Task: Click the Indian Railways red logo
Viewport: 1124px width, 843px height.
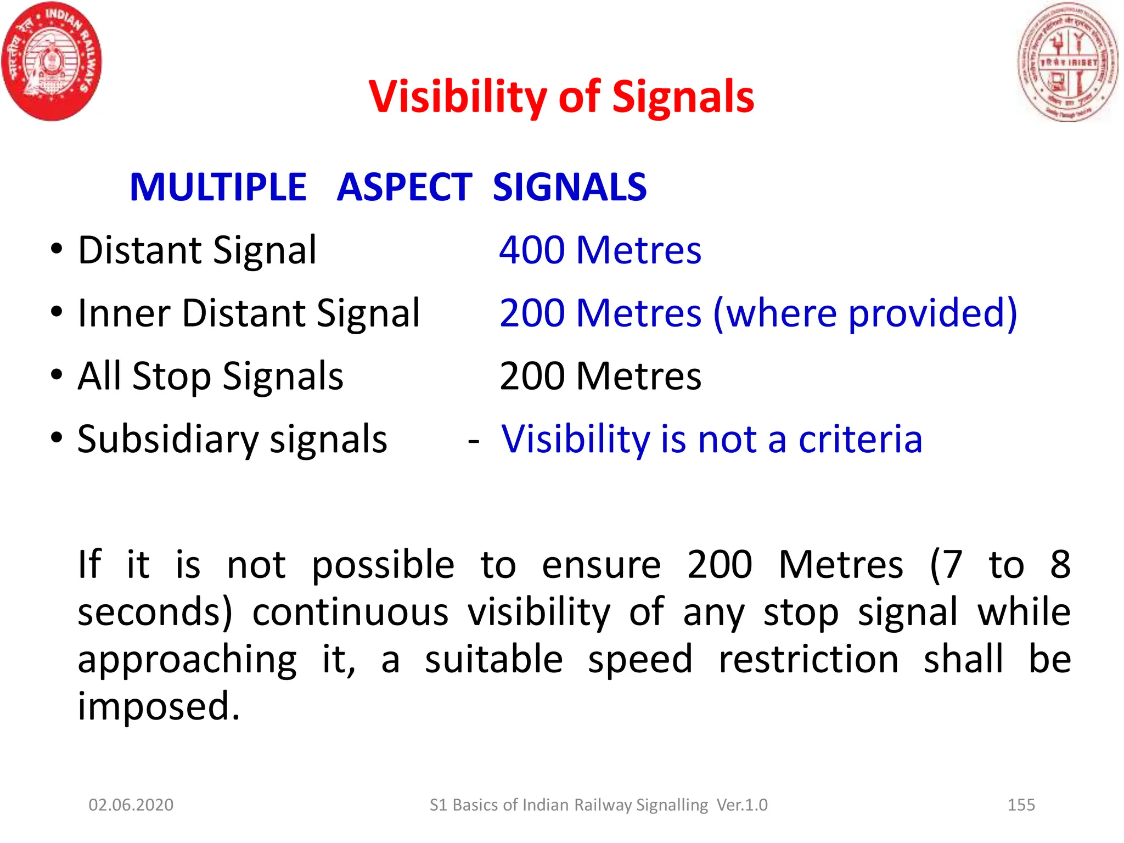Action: click(x=52, y=61)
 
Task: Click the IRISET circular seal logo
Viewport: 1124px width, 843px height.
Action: click(x=1067, y=61)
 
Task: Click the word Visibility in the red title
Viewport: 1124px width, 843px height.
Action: click(x=457, y=97)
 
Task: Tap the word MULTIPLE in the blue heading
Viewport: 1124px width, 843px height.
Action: click(x=218, y=188)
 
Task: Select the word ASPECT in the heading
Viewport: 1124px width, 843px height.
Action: click(x=404, y=188)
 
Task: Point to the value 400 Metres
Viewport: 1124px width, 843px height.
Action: click(x=600, y=250)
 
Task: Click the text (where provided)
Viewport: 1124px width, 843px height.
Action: click(x=865, y=313)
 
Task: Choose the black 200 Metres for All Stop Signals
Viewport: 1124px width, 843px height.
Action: click(x=600, y=376)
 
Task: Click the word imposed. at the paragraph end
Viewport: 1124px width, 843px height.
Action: click(x=159, y=707)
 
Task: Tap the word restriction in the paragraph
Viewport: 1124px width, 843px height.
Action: click(x=808, y=660)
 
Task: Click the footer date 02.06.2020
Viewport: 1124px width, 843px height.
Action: click(x=131, y=805)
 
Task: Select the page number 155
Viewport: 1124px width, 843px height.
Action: click(x=1021, y=805)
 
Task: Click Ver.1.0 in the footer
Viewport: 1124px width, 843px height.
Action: click(x=742, y=805)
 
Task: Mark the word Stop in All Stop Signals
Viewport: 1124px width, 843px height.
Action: click(x=171, y=377)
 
